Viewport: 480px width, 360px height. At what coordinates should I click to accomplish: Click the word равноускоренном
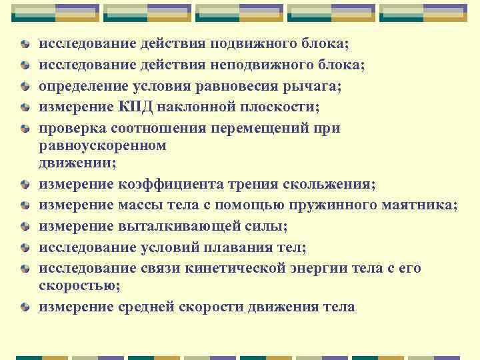[x=103, y=144]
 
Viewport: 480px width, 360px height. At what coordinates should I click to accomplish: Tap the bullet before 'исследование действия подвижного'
[x=24, y=45]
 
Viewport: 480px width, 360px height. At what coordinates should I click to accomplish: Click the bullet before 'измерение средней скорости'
[x=24, y=308]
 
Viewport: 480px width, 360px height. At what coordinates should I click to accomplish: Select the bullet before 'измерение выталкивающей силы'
[x=24, y=227]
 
